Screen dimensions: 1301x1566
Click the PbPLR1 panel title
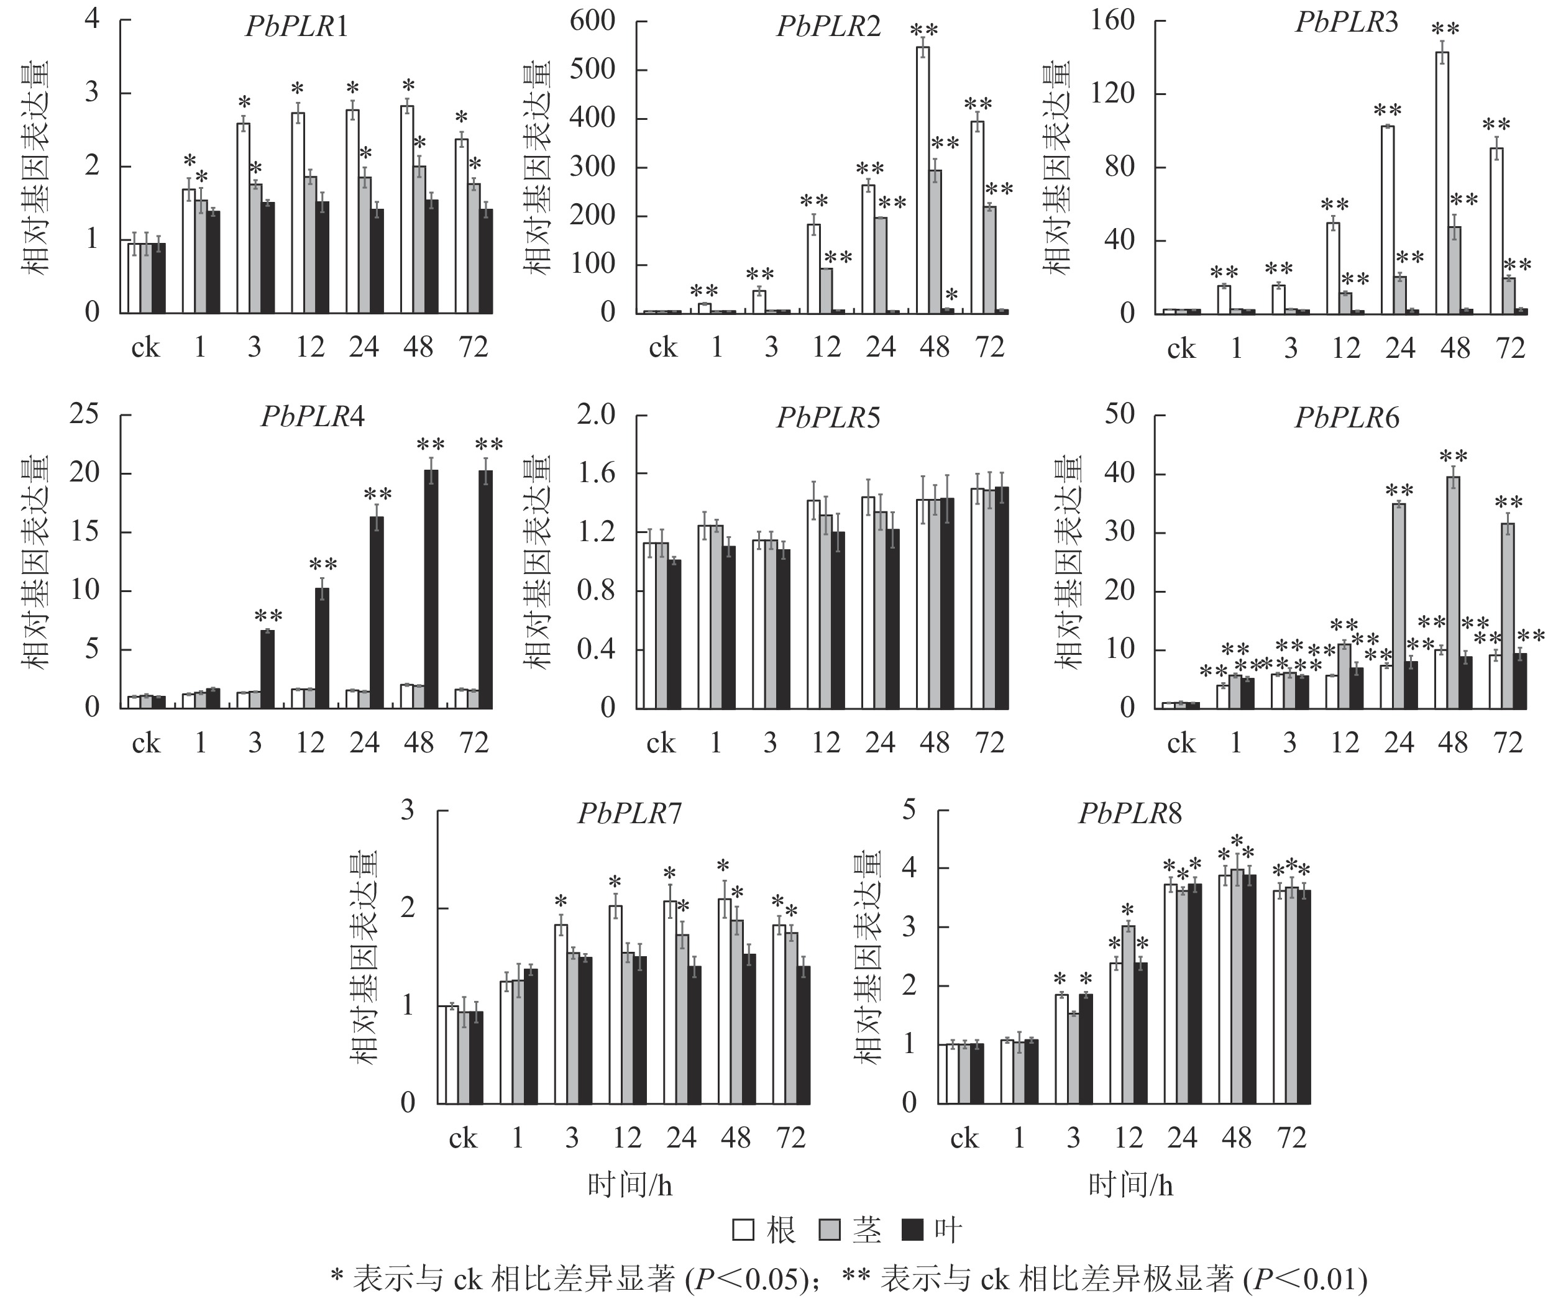296,27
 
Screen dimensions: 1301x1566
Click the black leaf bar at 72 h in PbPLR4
485,589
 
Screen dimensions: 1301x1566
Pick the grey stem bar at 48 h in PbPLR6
1454,593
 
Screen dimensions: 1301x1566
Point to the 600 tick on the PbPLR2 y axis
593,21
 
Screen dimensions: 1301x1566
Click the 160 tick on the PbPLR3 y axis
1112,21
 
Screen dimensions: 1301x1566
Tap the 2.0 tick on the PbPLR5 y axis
596,414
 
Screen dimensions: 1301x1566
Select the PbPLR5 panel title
828,418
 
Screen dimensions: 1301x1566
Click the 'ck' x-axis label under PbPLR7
462,1138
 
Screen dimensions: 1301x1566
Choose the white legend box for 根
743,1230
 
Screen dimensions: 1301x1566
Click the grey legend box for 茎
830,1230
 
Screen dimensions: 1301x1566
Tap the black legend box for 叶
913,1230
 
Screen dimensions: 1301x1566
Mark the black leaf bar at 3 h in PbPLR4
267,669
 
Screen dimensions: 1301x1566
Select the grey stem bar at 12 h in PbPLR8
1129,1014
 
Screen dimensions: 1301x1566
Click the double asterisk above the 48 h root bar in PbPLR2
924,30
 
